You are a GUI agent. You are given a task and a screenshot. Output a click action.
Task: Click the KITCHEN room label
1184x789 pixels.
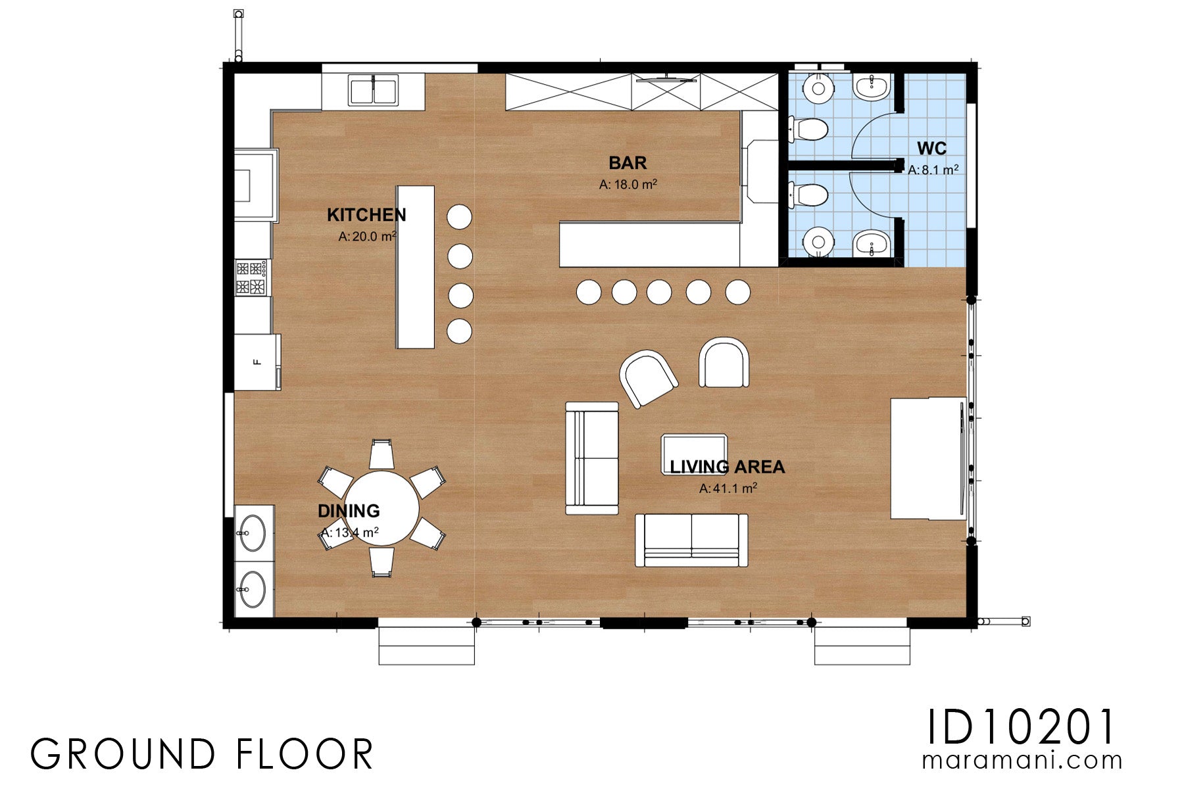366,215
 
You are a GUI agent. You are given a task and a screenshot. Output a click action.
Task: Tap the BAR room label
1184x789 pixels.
628,163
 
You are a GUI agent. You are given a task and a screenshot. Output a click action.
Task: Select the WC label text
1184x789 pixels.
931,148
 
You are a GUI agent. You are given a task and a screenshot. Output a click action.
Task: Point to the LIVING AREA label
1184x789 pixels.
727,467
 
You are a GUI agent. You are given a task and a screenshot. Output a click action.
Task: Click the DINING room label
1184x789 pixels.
349,511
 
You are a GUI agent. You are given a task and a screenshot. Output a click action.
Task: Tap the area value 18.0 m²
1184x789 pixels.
628,185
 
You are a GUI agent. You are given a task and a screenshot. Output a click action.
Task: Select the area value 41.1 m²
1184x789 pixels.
728,488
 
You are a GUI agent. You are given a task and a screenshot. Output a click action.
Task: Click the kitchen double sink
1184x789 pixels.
373,91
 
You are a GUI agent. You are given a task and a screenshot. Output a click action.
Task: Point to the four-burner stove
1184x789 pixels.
253,277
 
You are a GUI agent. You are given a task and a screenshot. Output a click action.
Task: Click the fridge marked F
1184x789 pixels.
257,362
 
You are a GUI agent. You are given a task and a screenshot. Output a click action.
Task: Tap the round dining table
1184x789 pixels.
382,508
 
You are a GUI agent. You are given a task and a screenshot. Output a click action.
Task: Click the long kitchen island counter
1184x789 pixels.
415,267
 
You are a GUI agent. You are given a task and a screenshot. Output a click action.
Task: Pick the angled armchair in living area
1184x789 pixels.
648,378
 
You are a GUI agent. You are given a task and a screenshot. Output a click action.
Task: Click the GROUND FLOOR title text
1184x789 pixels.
202,754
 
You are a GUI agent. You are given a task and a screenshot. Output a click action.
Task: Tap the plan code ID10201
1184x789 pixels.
1022,727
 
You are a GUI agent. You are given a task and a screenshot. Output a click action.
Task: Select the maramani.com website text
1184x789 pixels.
1022,761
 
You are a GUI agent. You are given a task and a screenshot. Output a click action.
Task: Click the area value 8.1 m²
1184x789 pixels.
933,170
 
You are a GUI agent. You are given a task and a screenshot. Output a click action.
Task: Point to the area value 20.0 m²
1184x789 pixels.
367,237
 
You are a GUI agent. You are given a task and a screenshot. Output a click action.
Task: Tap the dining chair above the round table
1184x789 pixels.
382,454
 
